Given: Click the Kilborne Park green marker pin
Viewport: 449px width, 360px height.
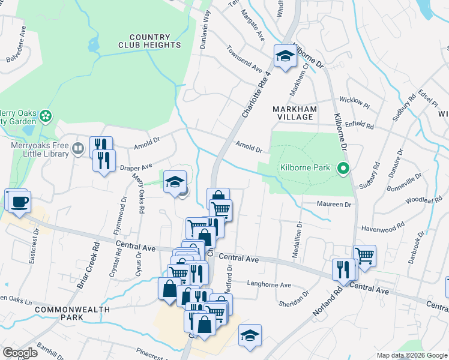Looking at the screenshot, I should point(343,168).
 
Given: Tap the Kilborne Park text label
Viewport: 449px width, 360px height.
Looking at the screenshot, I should point(305,168).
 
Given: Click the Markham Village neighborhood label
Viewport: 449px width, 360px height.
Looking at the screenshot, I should point(294,113).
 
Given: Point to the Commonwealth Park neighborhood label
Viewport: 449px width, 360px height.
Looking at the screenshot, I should point(73,313).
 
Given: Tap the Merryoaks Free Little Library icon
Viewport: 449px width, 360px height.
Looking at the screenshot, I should point(77,148).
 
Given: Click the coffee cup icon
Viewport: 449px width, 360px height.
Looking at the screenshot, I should point(18,201).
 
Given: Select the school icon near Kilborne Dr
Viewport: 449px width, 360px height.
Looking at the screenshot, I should point(285,57).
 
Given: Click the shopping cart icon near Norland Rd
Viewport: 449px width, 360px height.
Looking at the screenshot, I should point(364,256).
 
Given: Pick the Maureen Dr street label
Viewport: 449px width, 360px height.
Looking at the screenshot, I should point(334,205).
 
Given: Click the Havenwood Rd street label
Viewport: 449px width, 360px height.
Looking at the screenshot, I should point(379,229).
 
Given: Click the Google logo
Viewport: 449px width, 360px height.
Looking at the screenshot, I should point(20,353).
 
